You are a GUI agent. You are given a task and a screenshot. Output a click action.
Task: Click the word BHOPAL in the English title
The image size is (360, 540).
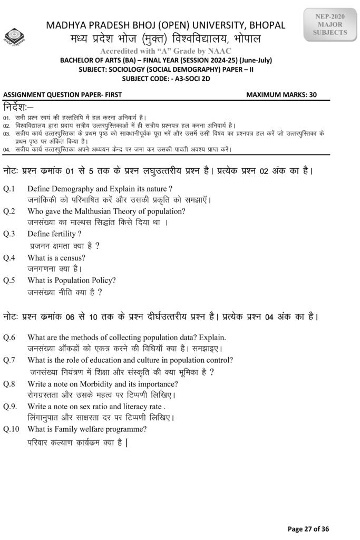264,25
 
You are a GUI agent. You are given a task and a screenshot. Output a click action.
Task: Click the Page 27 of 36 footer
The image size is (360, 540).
309,528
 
